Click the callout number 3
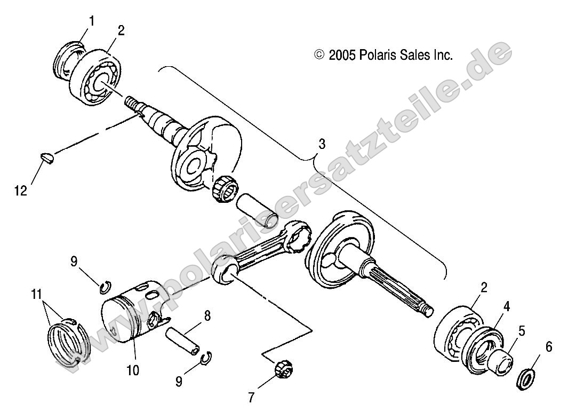[322, 144]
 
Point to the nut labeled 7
[281, 368]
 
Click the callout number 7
[252, 397]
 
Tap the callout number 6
[549, 347]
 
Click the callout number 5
[522, 331]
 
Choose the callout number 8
[207, 315]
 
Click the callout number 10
[132, 369]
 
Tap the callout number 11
[36, 294]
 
